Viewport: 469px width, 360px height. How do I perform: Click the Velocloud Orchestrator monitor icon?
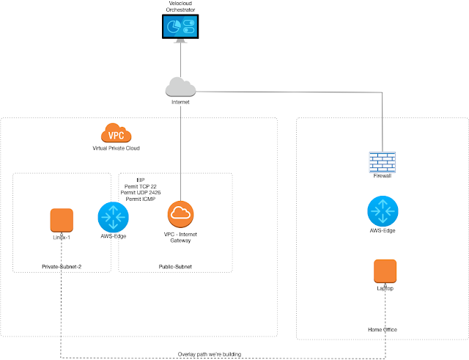tap(180, 28)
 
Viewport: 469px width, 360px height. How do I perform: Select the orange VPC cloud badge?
tap(116, 134)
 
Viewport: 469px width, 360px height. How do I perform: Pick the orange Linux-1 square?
tap(62, 221)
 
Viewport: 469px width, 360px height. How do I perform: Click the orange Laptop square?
tap(384, 271)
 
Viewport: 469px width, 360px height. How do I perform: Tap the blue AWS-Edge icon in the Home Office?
tap(383, 211)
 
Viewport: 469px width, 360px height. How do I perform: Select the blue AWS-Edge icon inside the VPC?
tap(113, 217)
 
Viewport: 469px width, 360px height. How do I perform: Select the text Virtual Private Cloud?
tap(116, 148)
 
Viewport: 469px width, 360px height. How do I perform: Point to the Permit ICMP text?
tap(141, 199)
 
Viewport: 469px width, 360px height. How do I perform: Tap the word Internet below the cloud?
tap(180, 103)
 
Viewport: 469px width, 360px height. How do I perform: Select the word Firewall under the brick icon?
tap(383, 176)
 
